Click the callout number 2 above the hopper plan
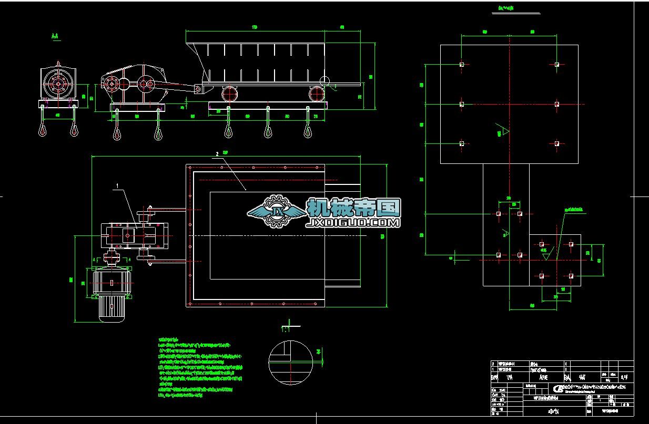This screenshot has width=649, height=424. (x=217, y=154)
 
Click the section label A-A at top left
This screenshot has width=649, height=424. (x=55, y=36)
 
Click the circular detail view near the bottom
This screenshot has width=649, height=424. (x=290, y=363)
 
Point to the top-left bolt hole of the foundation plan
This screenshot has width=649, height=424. (x=462, y=65)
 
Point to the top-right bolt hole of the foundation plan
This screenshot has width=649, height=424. (x=556, y=65)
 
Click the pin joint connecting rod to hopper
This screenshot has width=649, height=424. (x=198, y=90)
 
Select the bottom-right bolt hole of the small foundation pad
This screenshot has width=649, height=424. (x=571, y=275)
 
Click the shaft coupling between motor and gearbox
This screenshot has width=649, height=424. (x=111, y=258)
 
